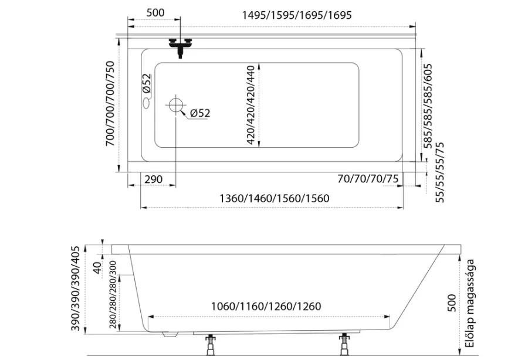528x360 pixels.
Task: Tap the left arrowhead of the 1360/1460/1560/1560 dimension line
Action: [x=143, y=208]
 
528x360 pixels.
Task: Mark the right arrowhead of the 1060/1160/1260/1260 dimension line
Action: [x=388, y=317]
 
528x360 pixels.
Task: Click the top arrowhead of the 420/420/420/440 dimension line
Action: [x=259, y=64]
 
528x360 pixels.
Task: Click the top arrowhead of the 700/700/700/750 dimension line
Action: [x=119, y=40]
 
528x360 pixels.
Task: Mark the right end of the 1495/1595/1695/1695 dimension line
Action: [x=415, y=26]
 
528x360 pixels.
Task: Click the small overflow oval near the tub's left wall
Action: [x=147, y=103]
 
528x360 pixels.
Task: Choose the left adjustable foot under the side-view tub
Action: [x=211, y=345]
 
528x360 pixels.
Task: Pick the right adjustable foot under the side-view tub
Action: [x=344, y=344]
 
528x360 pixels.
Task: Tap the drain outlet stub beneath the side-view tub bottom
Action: [x=170, y=334]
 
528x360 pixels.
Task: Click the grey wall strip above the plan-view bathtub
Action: [x=266, y=35]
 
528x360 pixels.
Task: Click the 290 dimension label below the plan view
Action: [x=153, y=179]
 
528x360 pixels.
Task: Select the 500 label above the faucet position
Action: [x=155, y=13]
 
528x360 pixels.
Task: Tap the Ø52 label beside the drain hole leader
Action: [x=200, y=113]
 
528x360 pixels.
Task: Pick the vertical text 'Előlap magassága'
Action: [x=471, y=303]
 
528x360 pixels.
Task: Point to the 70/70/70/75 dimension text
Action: [x=368, y=179]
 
